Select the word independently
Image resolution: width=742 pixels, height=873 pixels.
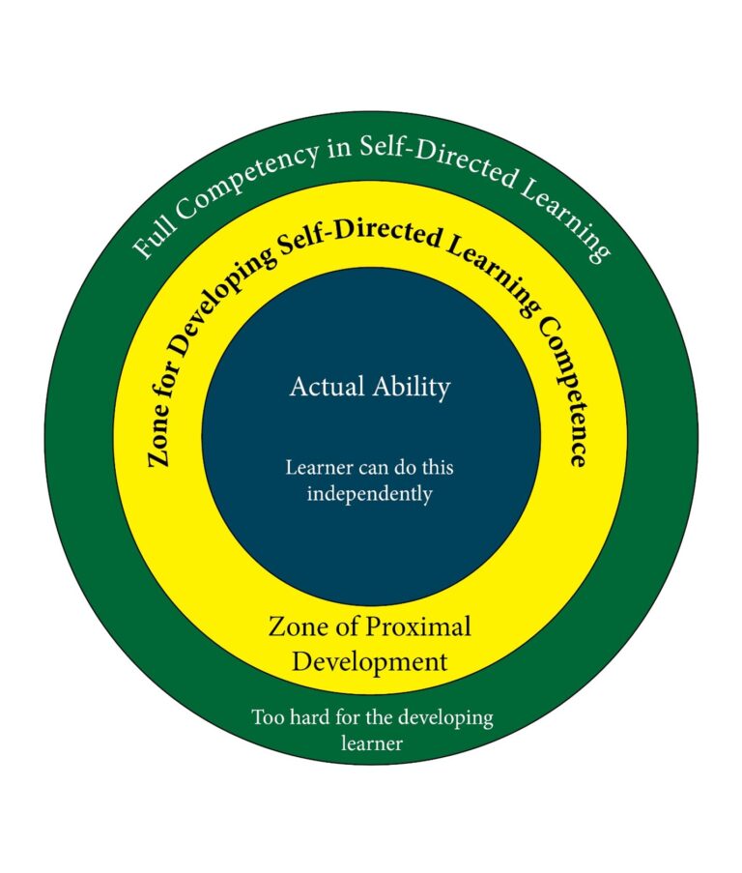[370, 494]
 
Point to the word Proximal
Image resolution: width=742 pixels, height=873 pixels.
[417, 626]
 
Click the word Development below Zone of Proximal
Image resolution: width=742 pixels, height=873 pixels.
[370, 662]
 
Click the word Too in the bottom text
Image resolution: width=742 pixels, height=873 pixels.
[268, 718]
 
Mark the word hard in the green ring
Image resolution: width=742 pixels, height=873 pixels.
[310, 718]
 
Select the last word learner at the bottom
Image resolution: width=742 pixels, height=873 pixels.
[371, 743]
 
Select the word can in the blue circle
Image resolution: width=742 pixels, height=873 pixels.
[368, 468]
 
